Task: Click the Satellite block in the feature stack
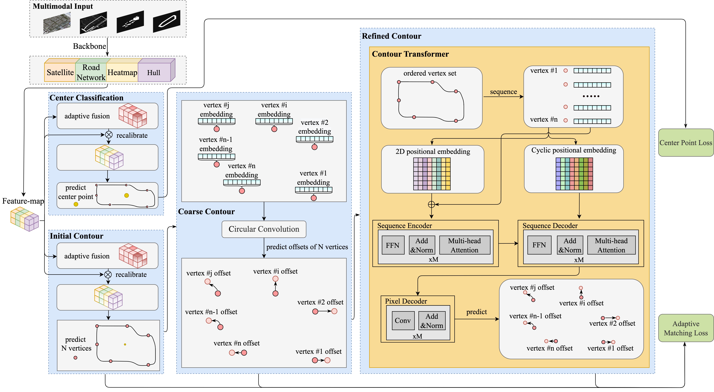[60, 72]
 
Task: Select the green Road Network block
[91, 72]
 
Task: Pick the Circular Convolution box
[264, 229]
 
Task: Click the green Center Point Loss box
[686, 143]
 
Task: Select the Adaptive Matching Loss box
[686, 328]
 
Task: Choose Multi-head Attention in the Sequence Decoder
[611, 245]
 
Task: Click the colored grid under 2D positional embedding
[432, 174]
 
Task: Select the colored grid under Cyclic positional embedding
[574, 174]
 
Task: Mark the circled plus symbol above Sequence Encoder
[432, 204]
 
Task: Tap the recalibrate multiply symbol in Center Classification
[109, 135]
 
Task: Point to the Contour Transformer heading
[410, 54]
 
